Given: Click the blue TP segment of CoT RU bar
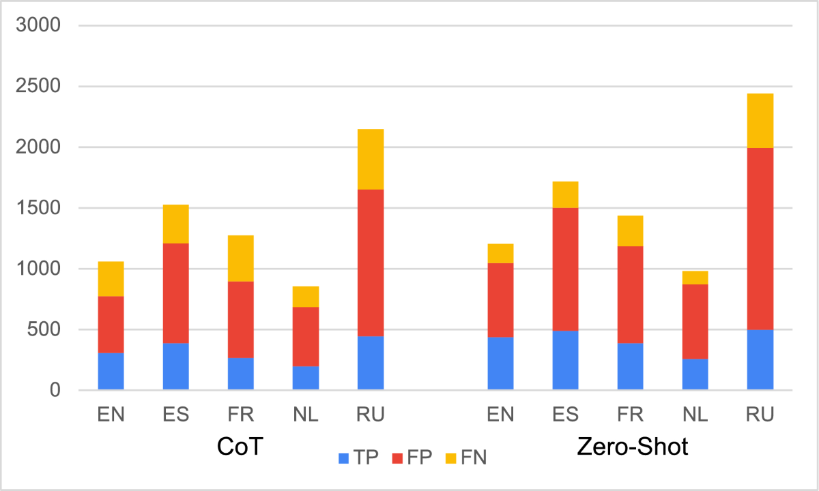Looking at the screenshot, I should click(x=371, y=363).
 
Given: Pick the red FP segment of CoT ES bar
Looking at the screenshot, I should click(x=175, y=293).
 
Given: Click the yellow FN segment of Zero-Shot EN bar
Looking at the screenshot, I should click(x=500, y=253).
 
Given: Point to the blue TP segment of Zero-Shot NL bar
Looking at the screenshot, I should click(x=695, y=374).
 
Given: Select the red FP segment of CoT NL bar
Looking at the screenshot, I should click(x=305, y=337).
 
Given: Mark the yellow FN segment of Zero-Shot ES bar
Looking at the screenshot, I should click(x=565, y=195).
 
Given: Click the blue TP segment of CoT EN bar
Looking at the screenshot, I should click(x=111, y=372).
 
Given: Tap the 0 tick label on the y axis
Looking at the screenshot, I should click(x=54, y=391).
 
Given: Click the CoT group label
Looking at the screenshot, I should click(x=240, y=447).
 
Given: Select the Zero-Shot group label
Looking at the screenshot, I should click(x=633, y=447).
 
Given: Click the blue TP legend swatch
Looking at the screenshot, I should click(x=343, y=458).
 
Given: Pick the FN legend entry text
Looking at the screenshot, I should click(x=474, y=458).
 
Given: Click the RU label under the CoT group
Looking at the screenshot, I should click(x=371, y=415).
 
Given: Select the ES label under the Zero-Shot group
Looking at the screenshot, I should click(x=565, y=415).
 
